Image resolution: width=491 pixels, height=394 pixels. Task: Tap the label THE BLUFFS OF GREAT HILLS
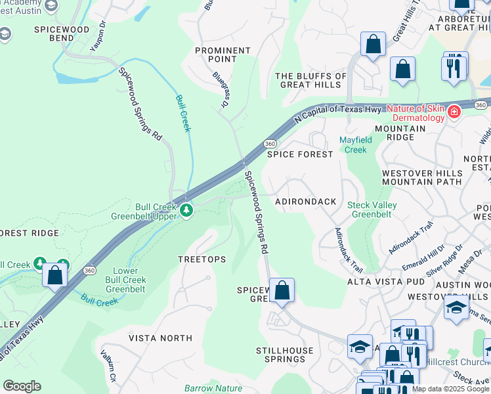click(x=311, y=80)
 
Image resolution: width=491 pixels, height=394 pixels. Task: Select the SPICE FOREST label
click(x=300, y=154)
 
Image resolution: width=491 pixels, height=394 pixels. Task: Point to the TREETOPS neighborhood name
click(x=202, y=259)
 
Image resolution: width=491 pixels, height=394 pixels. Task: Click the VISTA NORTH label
click(x=161, y=338)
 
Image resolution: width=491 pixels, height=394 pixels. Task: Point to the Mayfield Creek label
click(x=355, y=144)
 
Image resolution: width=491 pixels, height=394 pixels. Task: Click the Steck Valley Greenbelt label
click(x=372, y=209)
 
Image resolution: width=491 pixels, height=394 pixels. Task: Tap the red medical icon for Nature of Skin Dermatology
click(x=453, y=113)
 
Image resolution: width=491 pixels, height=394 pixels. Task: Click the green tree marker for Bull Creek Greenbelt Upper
click(x=187, y=210)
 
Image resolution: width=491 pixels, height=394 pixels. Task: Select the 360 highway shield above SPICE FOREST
click(x=270, y=143)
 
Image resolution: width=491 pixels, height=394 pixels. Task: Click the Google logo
click(x=22, y=385)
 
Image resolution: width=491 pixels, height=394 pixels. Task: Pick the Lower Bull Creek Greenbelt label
click(x=126, y=280)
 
